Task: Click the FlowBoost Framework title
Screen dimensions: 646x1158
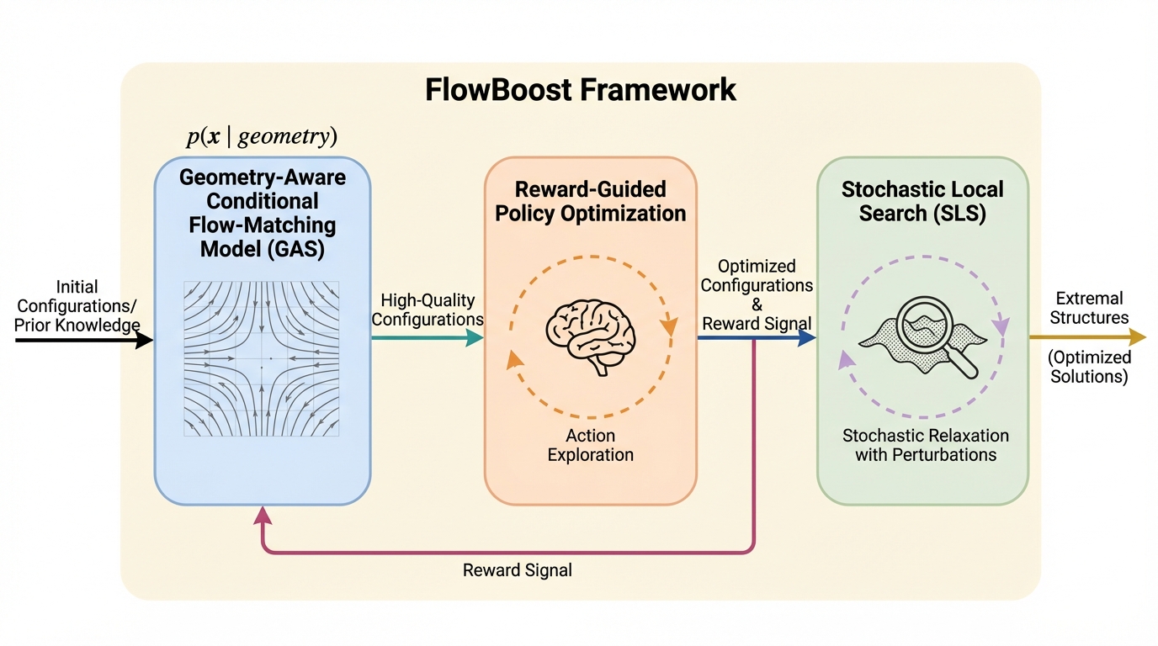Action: click(x=581, y=89)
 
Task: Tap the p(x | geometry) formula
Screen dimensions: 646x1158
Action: click(x=262, y=137)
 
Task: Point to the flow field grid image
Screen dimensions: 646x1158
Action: click(x=261, y=358)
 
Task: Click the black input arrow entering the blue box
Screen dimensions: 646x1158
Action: click(x=84, y=340)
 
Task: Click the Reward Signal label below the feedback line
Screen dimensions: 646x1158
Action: click(x=518, y=570)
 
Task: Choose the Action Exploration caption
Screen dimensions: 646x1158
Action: click(x=590, y=446)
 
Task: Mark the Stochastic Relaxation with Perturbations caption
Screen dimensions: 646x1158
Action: click(x=926, y=446)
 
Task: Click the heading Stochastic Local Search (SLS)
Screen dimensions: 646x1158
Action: click(x=922, y=201)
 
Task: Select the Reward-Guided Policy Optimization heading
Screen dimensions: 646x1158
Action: click(x=590, y=201)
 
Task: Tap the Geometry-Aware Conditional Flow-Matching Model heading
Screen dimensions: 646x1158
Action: click(x=263, y=214)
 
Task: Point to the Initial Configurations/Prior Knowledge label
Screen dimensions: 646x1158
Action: click(x=77, y=306)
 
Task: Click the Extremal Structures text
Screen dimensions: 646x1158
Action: click(x=1090, y=308)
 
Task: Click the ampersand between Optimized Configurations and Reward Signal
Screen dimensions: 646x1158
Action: click(x=757, y=304)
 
